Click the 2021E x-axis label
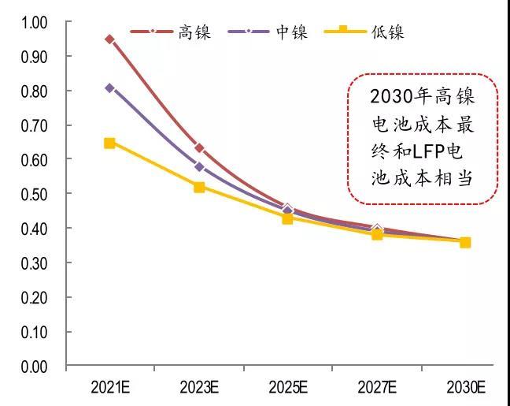point(109,387)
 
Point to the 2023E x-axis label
point(199,387)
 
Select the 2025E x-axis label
point(288,387)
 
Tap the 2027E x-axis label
point(377,387)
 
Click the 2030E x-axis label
point(465,387)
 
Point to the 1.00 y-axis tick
point(35,23)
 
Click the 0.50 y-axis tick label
point(35,194)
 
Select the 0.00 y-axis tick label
point(35,367)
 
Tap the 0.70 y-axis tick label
point(35,125)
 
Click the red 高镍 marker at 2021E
point(109,39)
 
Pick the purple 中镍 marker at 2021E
point(109,88)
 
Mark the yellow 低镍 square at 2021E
point(109,143)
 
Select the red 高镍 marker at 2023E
point(199,148)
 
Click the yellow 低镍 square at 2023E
point(199,188)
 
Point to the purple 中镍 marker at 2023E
point(199,167)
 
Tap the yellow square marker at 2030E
point(465,242)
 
